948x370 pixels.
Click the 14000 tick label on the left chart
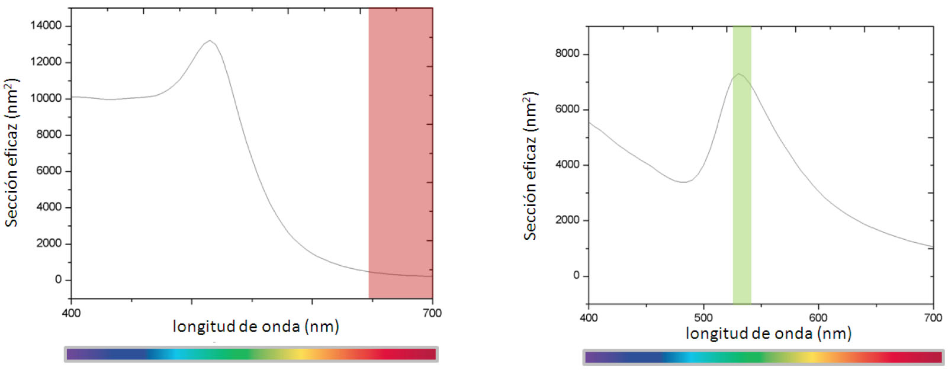click(x=46, y=25)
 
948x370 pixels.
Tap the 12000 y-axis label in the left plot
click(x=46, y=62)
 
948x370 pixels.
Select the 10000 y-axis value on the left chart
click(x=46, y=98)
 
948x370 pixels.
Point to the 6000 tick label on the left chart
click(x=49, y=170)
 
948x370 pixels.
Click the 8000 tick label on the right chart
click(x=567, y=53)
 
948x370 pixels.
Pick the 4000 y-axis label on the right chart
click(x=567, y=165)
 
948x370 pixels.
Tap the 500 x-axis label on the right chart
click(x=703, y=317)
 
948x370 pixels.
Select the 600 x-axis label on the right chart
click(x=818, y=317)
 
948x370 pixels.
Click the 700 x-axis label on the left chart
click(x=432, y=313)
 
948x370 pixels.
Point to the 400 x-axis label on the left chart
click(x=71, y=313)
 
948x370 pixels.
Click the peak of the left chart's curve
click(x=210, y=41)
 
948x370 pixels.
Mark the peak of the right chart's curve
click(x=738, y=74)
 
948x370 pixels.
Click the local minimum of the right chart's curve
click(x=683, y=182)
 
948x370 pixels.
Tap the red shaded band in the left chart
click(x=400, y=148)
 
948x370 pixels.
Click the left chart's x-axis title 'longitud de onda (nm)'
click(x=256, y=326)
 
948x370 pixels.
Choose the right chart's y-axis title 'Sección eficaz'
click(x=530, y=166)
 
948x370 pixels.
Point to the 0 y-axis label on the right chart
click(x=576, y=275)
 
